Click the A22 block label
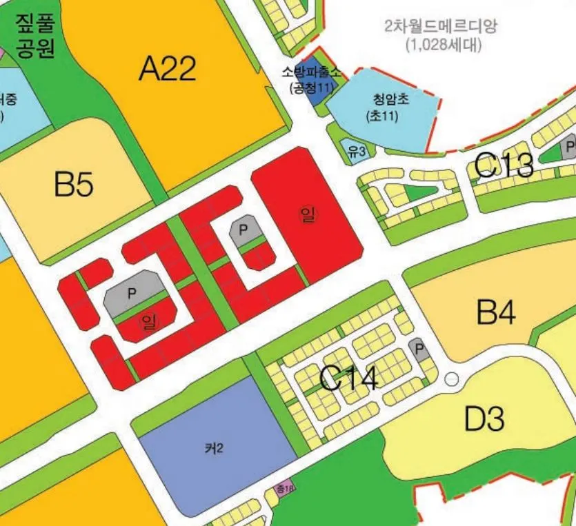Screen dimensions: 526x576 pos(168,69)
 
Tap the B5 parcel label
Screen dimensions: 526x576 pos(74,184)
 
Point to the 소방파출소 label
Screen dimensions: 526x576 pos(311,71)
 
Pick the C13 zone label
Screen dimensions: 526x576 pos(504,165)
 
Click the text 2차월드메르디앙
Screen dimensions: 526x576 pos(441,28)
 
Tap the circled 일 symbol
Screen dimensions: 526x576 pos(306,214)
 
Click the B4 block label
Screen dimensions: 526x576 pos(496,313)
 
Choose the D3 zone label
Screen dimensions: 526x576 pos(485,418)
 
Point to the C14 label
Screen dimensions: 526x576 pos(349,379)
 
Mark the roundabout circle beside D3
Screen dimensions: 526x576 pos(452,378)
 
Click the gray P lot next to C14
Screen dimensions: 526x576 pos(418,350)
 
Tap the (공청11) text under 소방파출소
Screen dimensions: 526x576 pos(311,87)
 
